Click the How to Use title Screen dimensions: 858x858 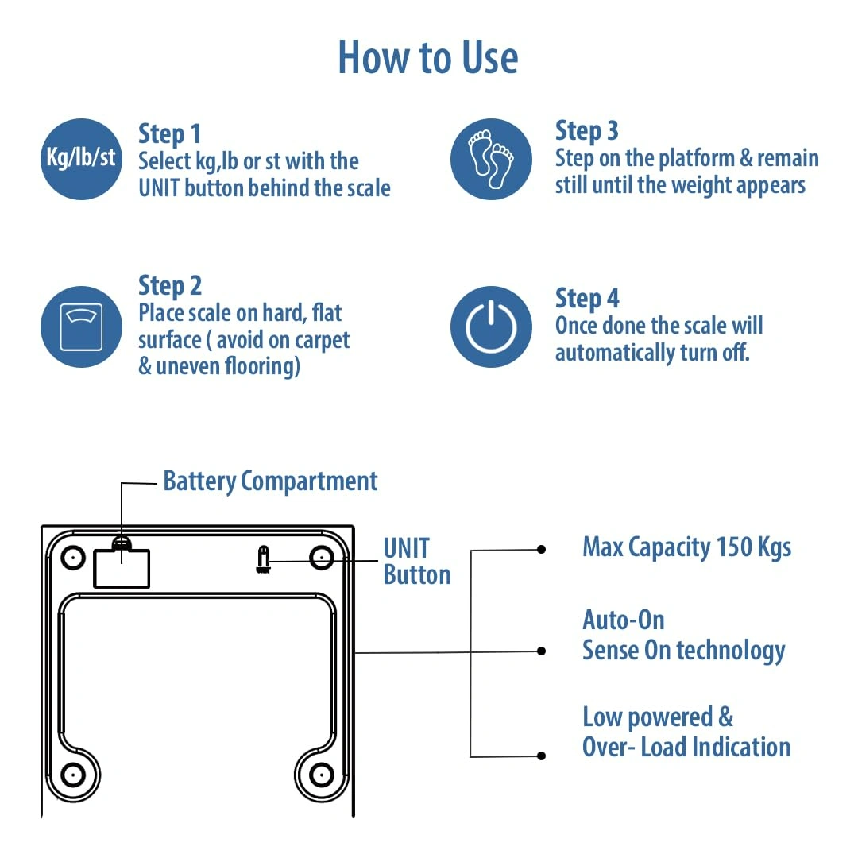coord(428,57)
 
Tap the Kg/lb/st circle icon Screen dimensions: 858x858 coord(80,158)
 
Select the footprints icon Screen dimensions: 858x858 coord(491,158)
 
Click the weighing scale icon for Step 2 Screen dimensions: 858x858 coord(81,327)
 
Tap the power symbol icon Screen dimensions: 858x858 coord(491,327)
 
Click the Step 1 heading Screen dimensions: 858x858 coord(169,133)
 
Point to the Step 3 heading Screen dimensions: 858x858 coord(586,131)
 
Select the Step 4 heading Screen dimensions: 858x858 coord(586,299)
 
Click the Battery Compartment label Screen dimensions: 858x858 coord(270,481)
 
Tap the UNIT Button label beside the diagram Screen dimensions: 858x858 coord(416,561)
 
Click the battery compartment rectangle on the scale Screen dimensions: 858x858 coord(122,568)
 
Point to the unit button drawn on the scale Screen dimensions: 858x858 coord(262,558)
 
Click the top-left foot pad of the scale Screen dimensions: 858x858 coord(72,558)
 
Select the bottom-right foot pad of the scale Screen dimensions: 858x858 coord(321,773)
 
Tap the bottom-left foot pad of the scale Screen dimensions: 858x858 coord(72,773)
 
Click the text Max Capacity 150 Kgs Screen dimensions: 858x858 coord(686,547)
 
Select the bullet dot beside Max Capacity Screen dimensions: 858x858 coord(542,549)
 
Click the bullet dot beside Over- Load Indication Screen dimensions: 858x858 coord(542,756)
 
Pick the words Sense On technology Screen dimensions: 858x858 coord(683,651)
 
